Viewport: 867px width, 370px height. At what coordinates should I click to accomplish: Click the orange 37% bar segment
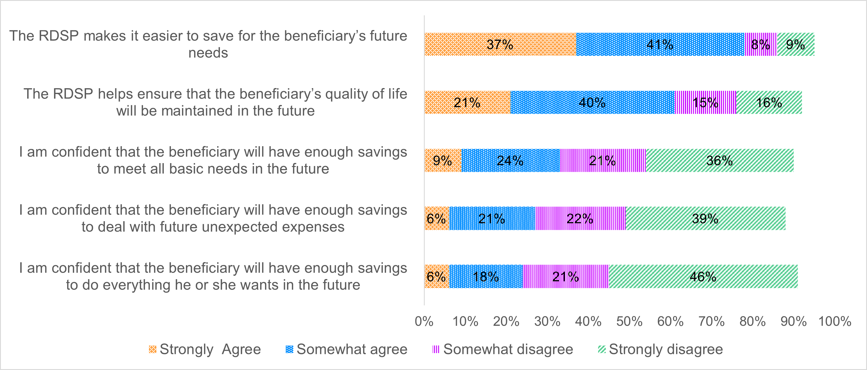click(x=500, y=44)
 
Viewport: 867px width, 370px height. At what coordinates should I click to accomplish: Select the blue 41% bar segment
click(x=660, y=44)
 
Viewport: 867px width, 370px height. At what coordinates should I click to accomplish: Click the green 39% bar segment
click(x=706, y=219)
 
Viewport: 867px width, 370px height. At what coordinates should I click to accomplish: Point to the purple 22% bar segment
click(x=580, y=219)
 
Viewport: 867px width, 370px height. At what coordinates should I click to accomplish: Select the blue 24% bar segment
click(x=510, y=160)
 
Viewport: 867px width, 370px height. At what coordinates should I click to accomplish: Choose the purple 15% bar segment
click(x=706, y=102)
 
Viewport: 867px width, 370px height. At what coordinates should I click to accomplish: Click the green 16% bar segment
click(x=769, y=102)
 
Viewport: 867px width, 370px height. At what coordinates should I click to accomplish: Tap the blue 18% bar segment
click(x=486, y=277)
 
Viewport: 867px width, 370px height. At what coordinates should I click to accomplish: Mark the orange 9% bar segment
click(x=443, y=160)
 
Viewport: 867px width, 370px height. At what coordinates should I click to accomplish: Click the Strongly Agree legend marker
click(x=152, y=350)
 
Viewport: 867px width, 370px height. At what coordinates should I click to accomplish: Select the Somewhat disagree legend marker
click(x=436, y=350)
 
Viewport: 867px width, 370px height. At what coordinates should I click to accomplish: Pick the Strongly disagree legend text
click(x=666, y=350)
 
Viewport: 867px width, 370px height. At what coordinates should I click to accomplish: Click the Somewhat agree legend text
click(x=352, y=350)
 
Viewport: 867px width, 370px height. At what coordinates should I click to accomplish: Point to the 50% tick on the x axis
click(x=629, y=322)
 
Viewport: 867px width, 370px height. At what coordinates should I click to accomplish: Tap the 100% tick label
click(x=835, y=322)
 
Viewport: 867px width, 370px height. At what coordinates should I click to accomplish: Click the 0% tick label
click(x=424, y=322)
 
